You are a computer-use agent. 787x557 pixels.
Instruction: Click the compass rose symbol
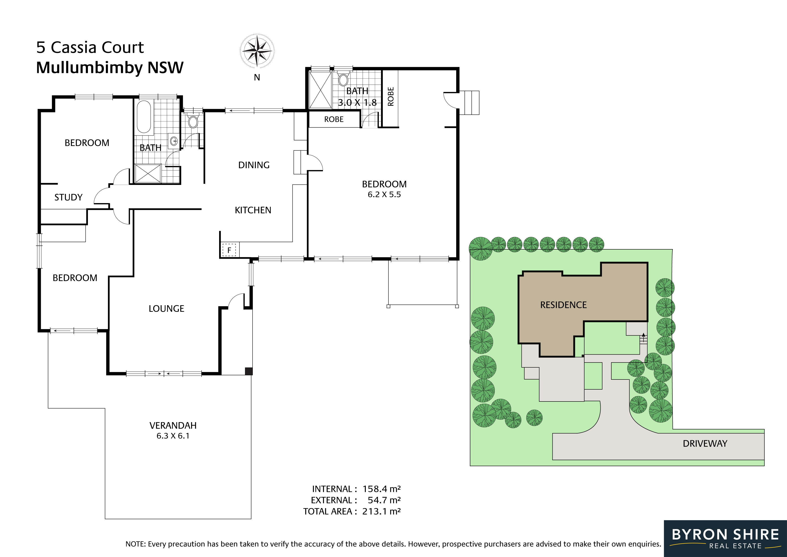pos(257,51)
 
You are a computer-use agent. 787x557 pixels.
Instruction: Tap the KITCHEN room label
pos(253,210)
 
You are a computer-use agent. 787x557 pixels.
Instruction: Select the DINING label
pos(254,165)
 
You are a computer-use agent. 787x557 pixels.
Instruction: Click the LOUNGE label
pos(166,309)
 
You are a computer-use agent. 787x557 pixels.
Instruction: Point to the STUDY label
pos(69,197)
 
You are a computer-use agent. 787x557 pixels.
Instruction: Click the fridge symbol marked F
pos(229,250)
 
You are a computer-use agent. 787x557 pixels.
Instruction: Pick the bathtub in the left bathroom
pos(144,117)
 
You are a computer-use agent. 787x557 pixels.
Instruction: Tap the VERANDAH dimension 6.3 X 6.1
pos(173,436)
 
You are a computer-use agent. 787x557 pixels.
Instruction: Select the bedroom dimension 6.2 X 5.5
pos(384,195)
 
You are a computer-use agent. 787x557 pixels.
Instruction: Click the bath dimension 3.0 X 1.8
pos(357,103)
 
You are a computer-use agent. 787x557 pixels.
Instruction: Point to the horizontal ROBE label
pos(334,119)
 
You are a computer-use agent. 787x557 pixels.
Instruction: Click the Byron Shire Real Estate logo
pos(725,538)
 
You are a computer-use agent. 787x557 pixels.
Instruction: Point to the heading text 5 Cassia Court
pos(90,47)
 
